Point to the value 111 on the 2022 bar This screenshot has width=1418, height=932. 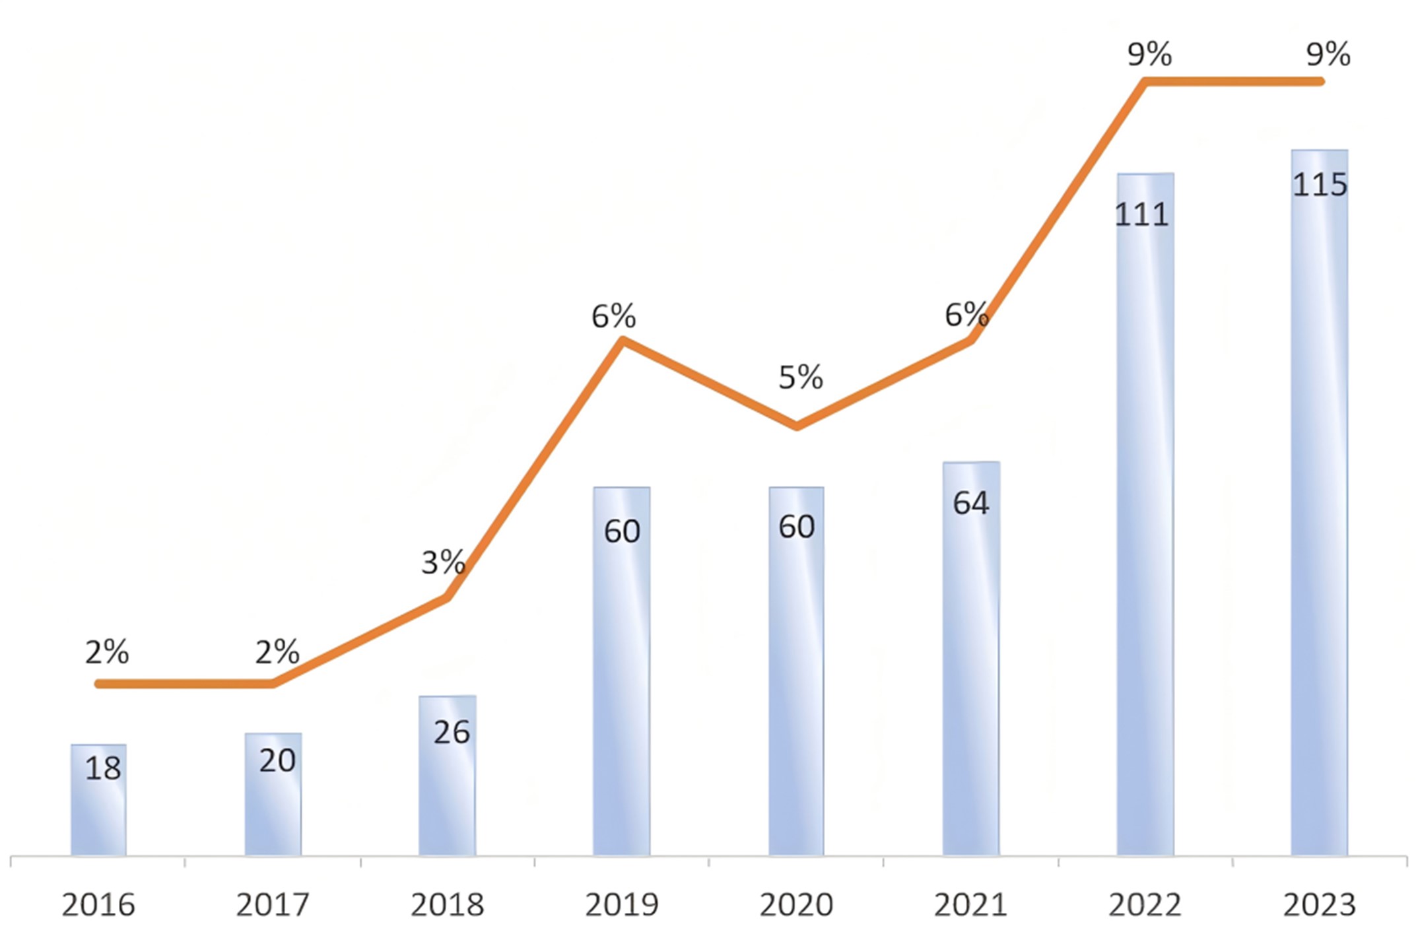coord(1141,215)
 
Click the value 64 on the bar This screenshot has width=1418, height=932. coord(970,504)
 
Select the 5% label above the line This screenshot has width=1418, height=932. coord(800,378)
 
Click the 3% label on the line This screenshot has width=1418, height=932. coord(443,563)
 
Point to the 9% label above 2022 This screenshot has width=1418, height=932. coord(1149,54)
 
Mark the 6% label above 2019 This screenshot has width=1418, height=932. coord(613,317)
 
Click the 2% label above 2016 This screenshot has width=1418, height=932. coord(107,653)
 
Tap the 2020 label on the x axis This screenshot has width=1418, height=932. coord(796,905)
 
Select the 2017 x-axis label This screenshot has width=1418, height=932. coord(273,905)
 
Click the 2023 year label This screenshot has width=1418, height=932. coord(1319,905)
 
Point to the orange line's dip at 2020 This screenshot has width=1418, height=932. coord(797,426)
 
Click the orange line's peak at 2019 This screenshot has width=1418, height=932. coord(622,341)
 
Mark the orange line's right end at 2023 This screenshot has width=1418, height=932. coord(1320,82)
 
